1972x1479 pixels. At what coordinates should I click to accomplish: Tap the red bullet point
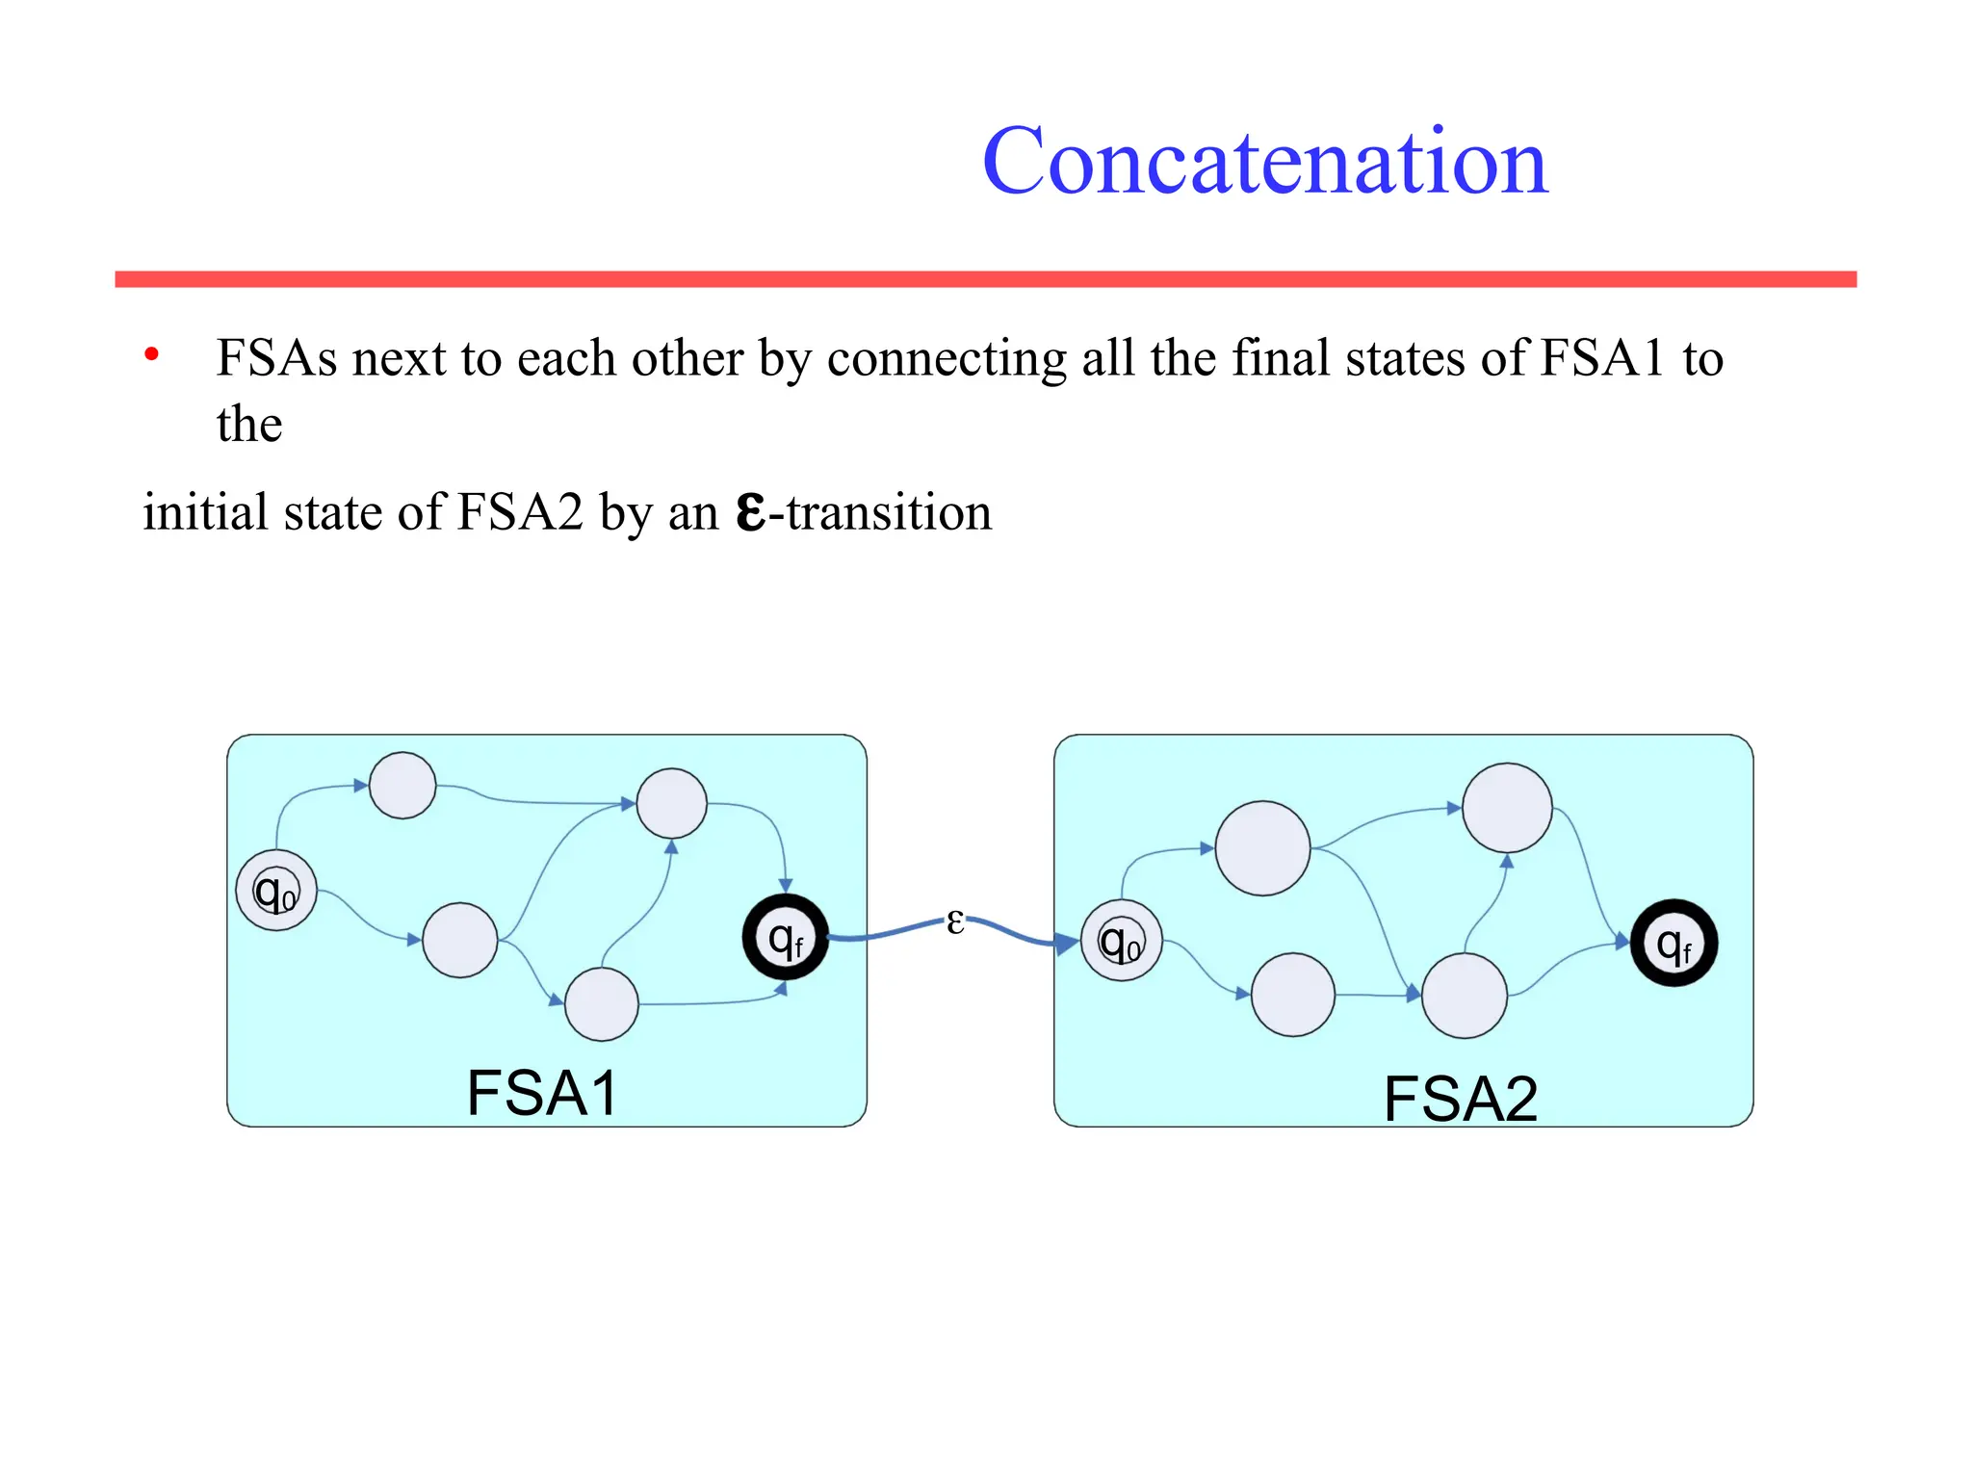(151, 354)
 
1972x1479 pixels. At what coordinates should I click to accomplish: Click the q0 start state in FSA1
(276, 891)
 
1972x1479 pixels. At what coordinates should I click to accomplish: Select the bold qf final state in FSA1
(786, 937)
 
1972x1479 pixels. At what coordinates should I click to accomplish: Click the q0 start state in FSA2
(1121, 941)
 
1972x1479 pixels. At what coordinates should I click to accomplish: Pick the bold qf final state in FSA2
(1674, 943)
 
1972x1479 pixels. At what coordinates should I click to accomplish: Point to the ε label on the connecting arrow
(954, 921)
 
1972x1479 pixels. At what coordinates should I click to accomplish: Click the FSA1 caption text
(542, 1093)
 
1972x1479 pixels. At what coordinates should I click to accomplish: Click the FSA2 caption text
(1460, 1099)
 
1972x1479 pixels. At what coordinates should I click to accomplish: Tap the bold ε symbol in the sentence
(751, 512)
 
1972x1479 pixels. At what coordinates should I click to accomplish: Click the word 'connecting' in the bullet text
(946, 359)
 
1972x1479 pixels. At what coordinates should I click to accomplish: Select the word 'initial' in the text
(205, 511)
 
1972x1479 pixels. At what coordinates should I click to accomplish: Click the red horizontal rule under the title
(985, 279)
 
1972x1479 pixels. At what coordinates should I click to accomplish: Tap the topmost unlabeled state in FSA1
(402, 786)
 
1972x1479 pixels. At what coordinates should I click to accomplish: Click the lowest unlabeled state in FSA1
(602, 1004)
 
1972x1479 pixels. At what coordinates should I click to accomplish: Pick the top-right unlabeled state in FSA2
(1507, 808)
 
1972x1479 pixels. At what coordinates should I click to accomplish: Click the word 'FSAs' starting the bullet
(276, 358)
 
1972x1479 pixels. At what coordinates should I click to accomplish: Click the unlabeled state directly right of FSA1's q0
(460, 940)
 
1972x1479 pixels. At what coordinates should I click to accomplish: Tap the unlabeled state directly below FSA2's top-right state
(1465, 996)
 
